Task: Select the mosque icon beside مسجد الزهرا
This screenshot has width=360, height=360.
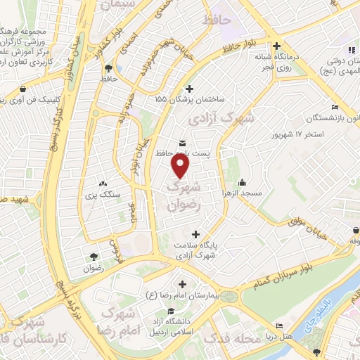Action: [243, 182]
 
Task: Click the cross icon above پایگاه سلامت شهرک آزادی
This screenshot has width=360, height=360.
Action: [195, 234]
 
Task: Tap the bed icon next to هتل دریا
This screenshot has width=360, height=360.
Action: [280, 326]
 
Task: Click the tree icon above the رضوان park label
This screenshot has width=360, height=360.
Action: [94, 257]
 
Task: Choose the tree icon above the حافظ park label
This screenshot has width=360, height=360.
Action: [108, 69]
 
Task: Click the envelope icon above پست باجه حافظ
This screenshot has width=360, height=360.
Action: [183, 144]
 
